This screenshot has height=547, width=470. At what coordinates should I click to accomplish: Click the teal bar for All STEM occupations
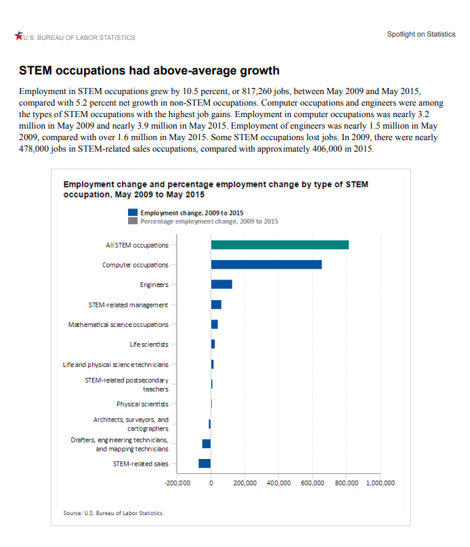280,245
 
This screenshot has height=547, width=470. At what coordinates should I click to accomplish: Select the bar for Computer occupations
266,265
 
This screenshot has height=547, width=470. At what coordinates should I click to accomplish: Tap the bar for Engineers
221,284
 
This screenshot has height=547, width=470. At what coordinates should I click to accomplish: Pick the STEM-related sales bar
205,463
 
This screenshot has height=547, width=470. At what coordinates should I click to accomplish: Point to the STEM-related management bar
216,305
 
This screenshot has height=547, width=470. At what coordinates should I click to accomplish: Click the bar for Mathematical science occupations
215,324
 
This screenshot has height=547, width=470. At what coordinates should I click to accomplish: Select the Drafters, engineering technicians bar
206,443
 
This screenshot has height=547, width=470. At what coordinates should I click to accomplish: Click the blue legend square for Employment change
133,213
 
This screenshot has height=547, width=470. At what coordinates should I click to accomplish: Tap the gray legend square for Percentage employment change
133,221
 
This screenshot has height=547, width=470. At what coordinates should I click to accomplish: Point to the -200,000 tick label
177,483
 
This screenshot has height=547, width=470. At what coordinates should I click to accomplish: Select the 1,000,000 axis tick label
381,483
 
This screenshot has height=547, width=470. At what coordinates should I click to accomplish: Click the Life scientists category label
149,345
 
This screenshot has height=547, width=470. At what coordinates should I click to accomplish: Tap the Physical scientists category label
142,404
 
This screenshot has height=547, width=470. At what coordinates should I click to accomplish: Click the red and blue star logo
18,36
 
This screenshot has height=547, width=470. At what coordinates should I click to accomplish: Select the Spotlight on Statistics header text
421,34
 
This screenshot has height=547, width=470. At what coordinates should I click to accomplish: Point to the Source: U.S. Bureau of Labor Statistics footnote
113,513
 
